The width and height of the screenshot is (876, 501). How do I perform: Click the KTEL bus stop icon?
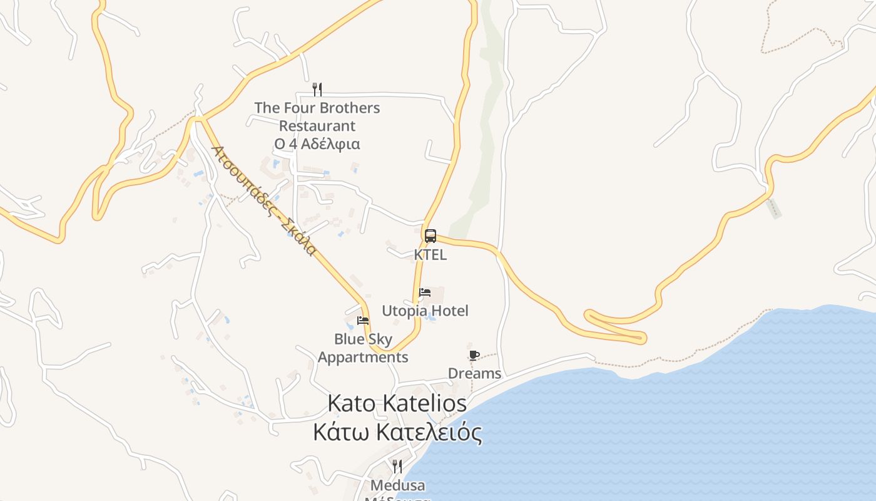(x=430, y=236)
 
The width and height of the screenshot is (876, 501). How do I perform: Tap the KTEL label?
(x=430, y=255)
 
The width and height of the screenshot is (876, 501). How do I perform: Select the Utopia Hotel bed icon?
(x=425, y=292)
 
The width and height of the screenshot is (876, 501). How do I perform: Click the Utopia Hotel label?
(x=425, y=311)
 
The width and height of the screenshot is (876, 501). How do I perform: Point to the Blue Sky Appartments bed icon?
(x=362, y=321)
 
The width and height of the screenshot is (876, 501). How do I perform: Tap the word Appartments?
(x=363, y=357)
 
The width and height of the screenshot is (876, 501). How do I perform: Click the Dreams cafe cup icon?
(x=474, y=356)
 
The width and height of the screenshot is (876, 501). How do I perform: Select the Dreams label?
(x=474, y=374)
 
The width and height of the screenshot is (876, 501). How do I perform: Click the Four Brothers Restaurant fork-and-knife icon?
(x=317, y=90)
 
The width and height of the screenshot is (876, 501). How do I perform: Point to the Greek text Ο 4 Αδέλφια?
(x=317, y=143)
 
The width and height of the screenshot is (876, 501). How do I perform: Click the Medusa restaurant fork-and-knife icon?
(x=397, y=467)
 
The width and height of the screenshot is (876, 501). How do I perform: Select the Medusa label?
(x=397, y=485)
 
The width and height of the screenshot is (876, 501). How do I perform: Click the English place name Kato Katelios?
(x=397, y=403)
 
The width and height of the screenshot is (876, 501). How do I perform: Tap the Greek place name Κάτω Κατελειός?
(x=398, y=432)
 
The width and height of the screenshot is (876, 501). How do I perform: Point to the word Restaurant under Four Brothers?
(x=317, y=126)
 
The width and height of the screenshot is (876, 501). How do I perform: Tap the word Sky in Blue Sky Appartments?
(x=380, y=339)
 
